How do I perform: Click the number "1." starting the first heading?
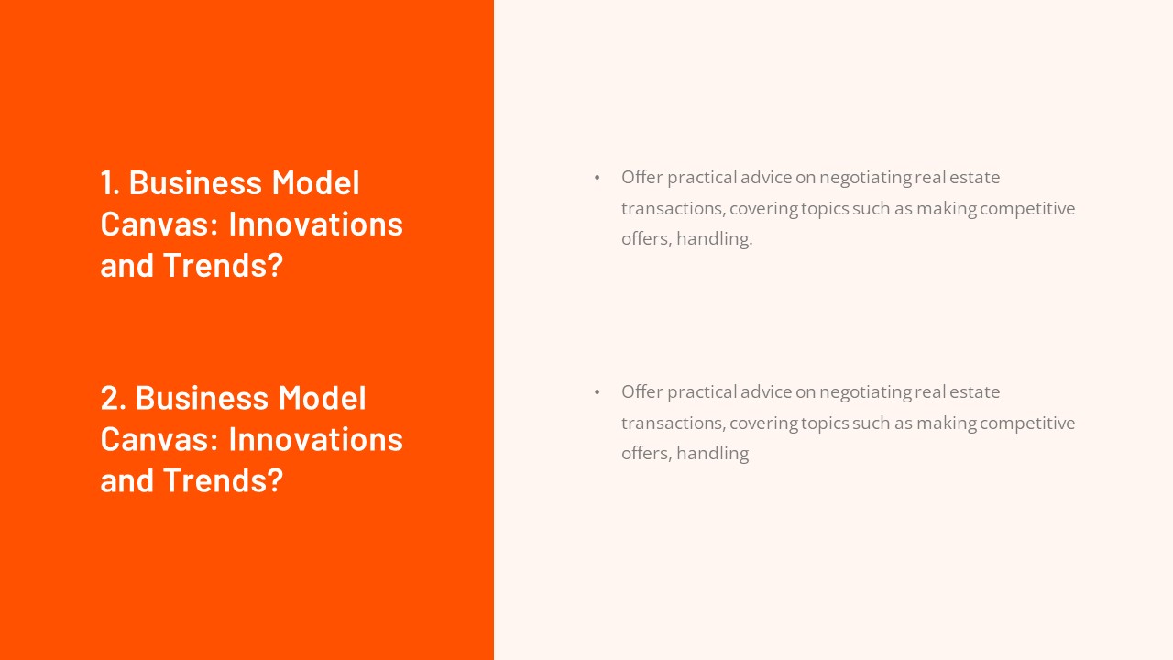tap(111, 182)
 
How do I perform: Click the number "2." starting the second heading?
tap(114, 398)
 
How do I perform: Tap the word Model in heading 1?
tap(315, 182)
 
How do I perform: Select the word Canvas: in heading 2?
tap(159, 439)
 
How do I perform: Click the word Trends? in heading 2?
tap(223, 480)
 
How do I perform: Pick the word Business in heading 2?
tap(202, 398)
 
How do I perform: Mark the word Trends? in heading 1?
tap(223, 265)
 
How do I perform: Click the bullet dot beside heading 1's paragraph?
tap(597, 178)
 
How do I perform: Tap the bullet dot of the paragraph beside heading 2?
tap(597, 392)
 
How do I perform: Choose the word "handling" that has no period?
tap(712, 454)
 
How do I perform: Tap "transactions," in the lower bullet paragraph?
tap(673, 423)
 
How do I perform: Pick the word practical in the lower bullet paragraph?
tap(701, 391)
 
